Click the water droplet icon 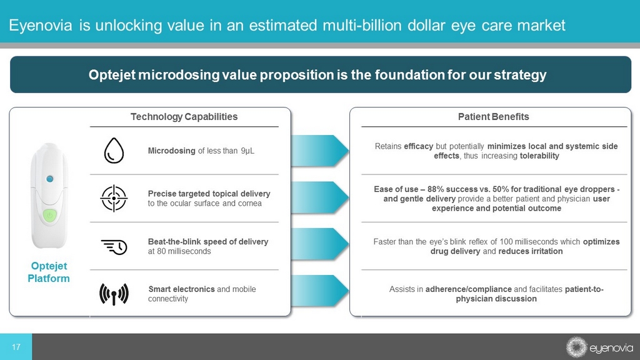pyautogui.click(x=114, y=151)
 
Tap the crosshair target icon pyautogui.click(x=114, y=198)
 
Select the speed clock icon pyautogui.click(x=114, y=247)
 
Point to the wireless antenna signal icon pyautogui.click(x=114, y=294)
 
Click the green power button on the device pyautogui.click(x=50, y=215)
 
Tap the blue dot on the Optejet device pyautogui.click(x=50, y=179)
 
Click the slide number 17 pyautogui.click(x=16, y=347)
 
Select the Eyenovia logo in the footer pyautogui.click(x=599, y=347)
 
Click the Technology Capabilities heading pyautogui.click(x=184, y=117)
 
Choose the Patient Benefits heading pyautogui.click(x=494, y=117)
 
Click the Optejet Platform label pyautogui.click(x=49, y=272)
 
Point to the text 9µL pyautogui.click(x=247, y=151)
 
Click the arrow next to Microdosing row pyautogui.click(x=320, y=151)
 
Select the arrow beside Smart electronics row pyautogui.click(x=320, y=291)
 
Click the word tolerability pyautogui.click(x=539, y=156)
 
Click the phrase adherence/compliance pyautogui.click(x=469, y=289)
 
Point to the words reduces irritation pyautogui.click(x=531, y=251)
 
